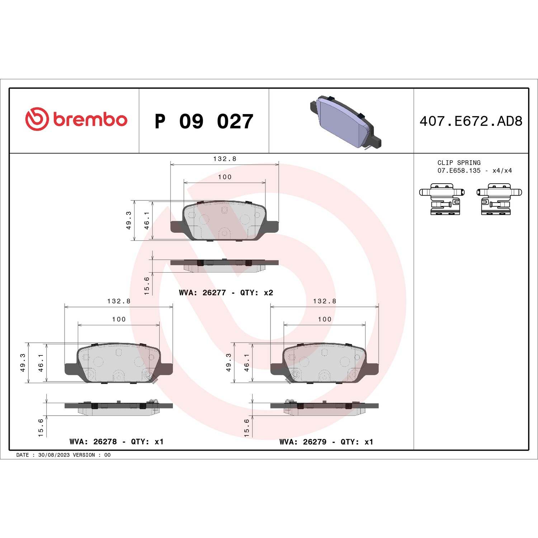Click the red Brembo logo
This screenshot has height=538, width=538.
pyautogui.click(x=76, y=119)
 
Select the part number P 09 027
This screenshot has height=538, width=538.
pyautogui.click(x=204, y=121)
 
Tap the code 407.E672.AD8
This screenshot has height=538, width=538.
pyautogui.click(x=471, y=121)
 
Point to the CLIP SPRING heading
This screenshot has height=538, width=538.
pyautogui.click(x=459, y=162)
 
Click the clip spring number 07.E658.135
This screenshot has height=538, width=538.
pyautogui.click(x=459, y=171)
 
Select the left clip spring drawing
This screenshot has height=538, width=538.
pyautogui.click(x=442, y=199)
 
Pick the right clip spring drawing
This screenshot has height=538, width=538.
pyautogui.click(x=499, y=199)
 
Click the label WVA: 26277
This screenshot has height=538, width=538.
pyautogui.click(x=202, y=293)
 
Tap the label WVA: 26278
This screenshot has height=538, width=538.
pyautogui.click(x=93, y=442)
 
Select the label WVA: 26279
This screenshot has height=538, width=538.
pyautogui.click(x=303, y=442)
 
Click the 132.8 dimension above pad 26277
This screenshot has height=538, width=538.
pyautogui.click(x=225, y=159)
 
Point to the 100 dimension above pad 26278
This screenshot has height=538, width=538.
pyautogui.click(x=119, y=319)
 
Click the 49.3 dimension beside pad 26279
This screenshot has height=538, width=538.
pyautogui.click(x=228, y=362)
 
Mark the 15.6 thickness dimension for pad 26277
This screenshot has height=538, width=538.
pyautogui.click(x=147, y=285)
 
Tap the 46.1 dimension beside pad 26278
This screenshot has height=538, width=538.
pyautogui.click(x=41, y=362)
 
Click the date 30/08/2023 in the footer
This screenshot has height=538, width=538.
pyautogui.click(x=54, y=455)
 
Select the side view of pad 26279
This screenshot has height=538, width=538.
pyautogui.click(x=324, y=407)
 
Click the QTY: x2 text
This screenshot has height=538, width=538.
pyautogui.click(x=256, y=293)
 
